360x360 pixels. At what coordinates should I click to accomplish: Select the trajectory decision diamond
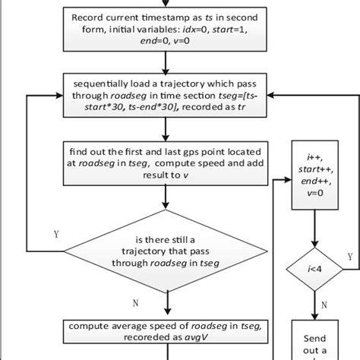166,253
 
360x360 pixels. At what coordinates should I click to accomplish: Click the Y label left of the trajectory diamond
55,235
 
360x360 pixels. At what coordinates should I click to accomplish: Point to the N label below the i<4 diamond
324,304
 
